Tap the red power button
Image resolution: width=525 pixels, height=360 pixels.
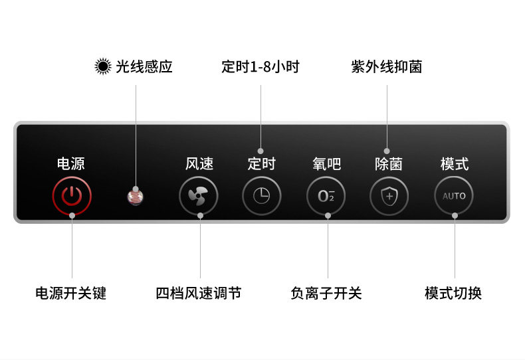pos(72,196)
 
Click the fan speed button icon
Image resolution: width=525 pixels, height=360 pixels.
pos(198,196)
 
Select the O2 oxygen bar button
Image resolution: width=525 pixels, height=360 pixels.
pos(326,196)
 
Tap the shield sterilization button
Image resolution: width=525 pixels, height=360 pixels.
pos(389,196)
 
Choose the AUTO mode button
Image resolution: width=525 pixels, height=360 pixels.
pos(454,196)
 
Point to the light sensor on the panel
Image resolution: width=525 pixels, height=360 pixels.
pos(136,196)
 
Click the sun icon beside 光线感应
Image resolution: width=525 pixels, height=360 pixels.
pos(102,66)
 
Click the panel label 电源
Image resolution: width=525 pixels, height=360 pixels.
pos(71,163)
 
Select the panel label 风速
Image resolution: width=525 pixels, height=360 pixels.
pos(199,163)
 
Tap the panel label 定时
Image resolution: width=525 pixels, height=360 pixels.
pos(261,163)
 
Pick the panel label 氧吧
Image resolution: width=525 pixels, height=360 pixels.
pos(326,163)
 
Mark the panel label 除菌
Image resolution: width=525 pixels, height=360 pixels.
pos(389,163)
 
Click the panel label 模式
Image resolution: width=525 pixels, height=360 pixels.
pos(455,163)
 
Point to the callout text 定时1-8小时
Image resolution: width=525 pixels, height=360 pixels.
pos(261,67)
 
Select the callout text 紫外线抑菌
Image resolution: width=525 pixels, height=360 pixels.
pos(387,67)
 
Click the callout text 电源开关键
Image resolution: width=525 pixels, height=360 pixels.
pos(71,293)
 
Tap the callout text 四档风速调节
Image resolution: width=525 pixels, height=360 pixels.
pos(199,293)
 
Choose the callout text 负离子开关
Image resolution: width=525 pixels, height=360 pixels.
pos(326,293)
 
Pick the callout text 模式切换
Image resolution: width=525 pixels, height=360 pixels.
pos(453,293)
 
